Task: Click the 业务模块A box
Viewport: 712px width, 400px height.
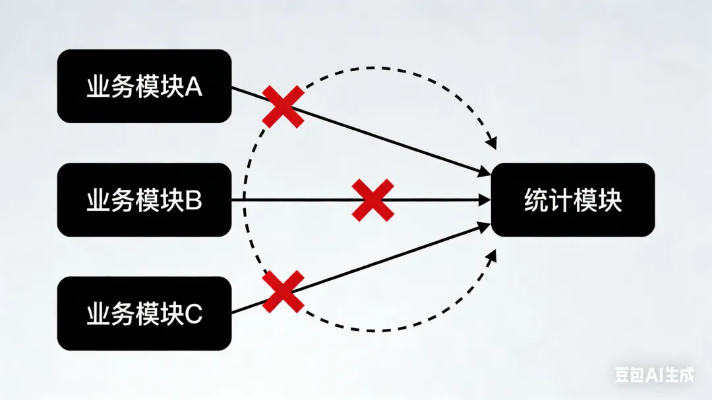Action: tap(144, 86)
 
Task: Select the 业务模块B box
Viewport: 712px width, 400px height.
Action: tap(144, 200)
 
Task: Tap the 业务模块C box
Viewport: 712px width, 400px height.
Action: tap(144, 314)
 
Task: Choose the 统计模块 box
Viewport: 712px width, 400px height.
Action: tap(573, 200)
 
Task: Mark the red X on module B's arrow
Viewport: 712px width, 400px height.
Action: tap(372, 200)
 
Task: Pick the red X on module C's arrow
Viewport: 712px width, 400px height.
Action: tap(283, 292)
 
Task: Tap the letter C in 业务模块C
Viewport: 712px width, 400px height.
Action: tap(193, 314)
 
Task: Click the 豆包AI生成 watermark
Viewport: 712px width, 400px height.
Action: tap(654, 375)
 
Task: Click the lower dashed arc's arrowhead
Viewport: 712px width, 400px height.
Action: tap(491, 256)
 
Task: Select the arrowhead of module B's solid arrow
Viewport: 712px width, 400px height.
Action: tap(487, 200)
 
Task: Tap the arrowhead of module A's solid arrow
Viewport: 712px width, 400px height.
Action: tap(485, 172)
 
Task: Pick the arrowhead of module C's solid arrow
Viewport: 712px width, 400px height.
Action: tap(485, 227)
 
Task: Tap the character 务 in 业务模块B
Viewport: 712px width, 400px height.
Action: tap(121, 200)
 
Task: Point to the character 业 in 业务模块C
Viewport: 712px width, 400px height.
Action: tap(97, 314)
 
